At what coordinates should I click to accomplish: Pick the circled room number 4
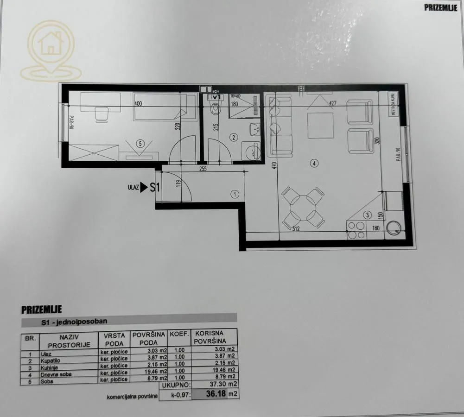click(314, 163)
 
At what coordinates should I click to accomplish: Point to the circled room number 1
click(235, 195)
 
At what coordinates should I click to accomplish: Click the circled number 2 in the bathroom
click(234, 137)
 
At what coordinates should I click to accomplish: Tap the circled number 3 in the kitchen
click(367, 215)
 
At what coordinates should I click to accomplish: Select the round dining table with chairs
click(303, 207)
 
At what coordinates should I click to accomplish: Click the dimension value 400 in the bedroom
click(138, 104)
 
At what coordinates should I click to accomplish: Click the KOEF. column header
click(178, 334)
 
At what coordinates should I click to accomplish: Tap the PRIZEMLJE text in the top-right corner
click(440, 7)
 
